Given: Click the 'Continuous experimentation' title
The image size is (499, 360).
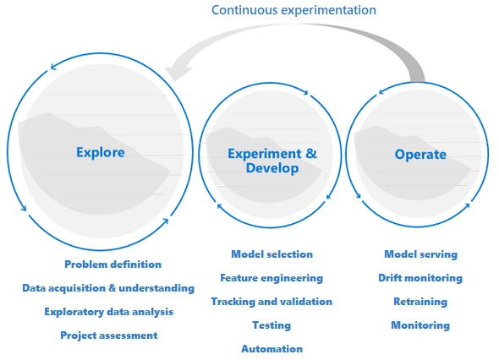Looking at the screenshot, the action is [293, 10].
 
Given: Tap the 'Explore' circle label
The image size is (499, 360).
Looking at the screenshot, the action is [101, 153].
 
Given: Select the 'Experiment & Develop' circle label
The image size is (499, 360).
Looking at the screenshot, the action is [272, 161].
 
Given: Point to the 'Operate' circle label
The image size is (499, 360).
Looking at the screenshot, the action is [420, 155].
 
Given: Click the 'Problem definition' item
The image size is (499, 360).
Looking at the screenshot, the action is [113, 265].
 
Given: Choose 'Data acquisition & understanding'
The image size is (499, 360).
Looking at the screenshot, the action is [108, 288].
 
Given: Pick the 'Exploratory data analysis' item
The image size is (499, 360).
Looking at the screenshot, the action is [109, 312].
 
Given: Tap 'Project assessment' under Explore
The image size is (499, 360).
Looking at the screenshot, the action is [109, 335].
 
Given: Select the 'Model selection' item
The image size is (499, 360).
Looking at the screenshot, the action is [272, 254].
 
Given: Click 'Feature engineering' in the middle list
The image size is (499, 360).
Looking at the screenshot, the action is [271, 278].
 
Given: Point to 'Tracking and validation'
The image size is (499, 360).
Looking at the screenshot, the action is [271, 302].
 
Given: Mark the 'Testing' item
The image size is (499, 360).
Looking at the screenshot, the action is [271, 325].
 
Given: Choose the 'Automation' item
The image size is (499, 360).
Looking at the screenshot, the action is [272, 349].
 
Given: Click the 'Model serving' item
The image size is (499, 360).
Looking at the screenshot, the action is [420, 254].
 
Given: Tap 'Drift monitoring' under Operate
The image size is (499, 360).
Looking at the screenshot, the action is [420, 278].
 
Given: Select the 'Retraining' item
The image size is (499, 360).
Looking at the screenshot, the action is [420, 302].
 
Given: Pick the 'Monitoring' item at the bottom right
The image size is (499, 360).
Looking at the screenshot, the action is [420, 325].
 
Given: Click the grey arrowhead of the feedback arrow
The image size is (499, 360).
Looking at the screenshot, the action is [177, 74].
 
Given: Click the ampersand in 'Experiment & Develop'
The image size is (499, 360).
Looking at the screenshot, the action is [311, 154].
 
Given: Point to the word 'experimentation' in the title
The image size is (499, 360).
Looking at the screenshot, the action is [329, 10].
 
